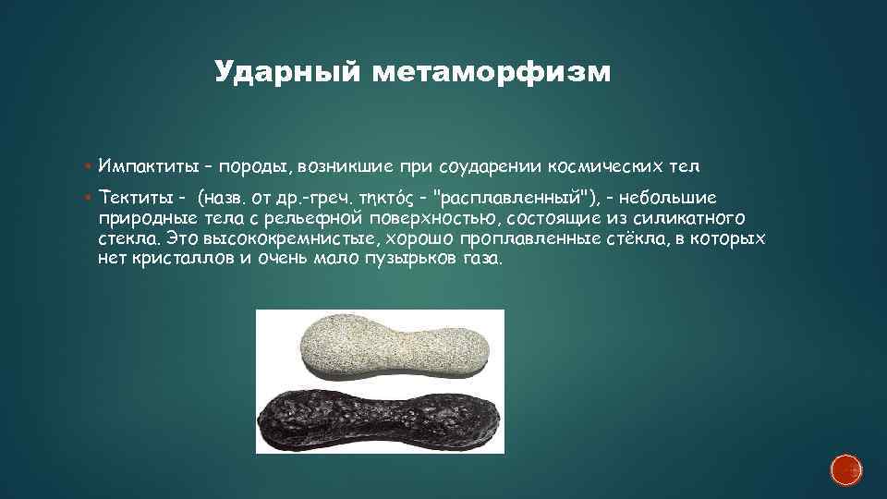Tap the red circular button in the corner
[846, 470]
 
